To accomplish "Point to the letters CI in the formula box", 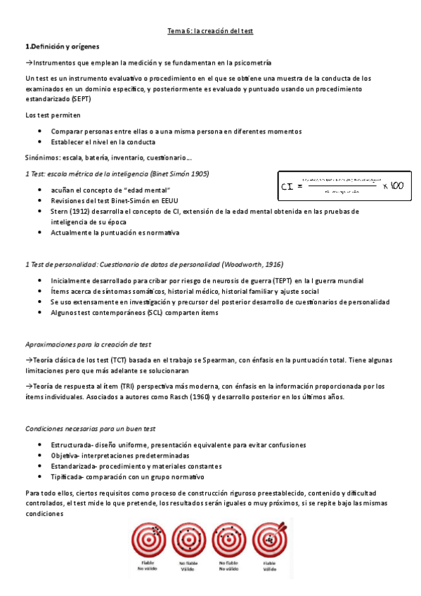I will pos(287,186).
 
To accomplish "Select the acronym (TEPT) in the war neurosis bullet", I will pos(279,281).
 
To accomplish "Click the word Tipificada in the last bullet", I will pos(67,477).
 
